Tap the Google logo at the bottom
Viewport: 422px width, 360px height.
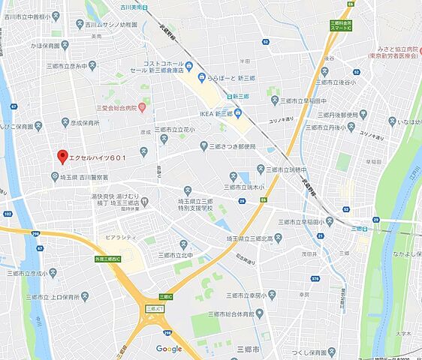click(x=169, y=349)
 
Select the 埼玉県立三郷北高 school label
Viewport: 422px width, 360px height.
click(x=245, y=238)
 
